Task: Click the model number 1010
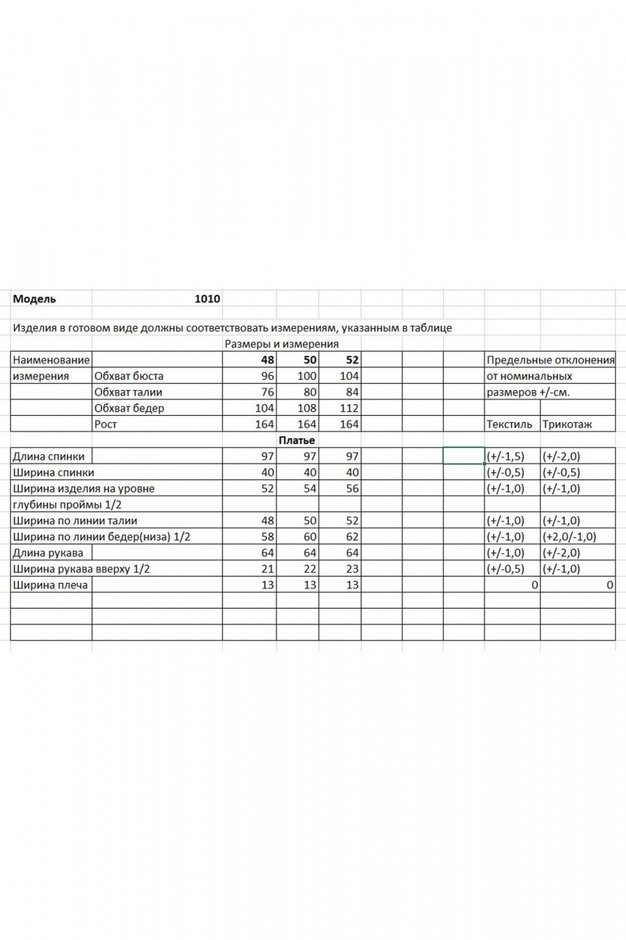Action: pyautogui.click(x=207, y=298)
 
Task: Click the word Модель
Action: pyautogui.click(x=34, y=298)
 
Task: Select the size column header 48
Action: pyautogui.click(x=268, y=360)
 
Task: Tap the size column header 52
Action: pyautogui.click(x=351, y=360)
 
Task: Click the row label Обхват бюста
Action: pyautogui.click(x=129, y=376)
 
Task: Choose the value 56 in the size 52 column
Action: pyautogui.click(x=351, y=488)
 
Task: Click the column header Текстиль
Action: pyautogui.click(x=509, y=424)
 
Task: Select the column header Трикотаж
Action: pyautogui.click(x=567, y=424)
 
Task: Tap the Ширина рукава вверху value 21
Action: pyautogui.click(x=268, y=569)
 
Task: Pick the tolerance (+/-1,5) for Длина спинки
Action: pyautogui.click(x=505, y=456)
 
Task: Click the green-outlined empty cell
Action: pyautogui.click(x=463, y=456)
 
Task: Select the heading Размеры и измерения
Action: pyautogui.click(x=281, y=344)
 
